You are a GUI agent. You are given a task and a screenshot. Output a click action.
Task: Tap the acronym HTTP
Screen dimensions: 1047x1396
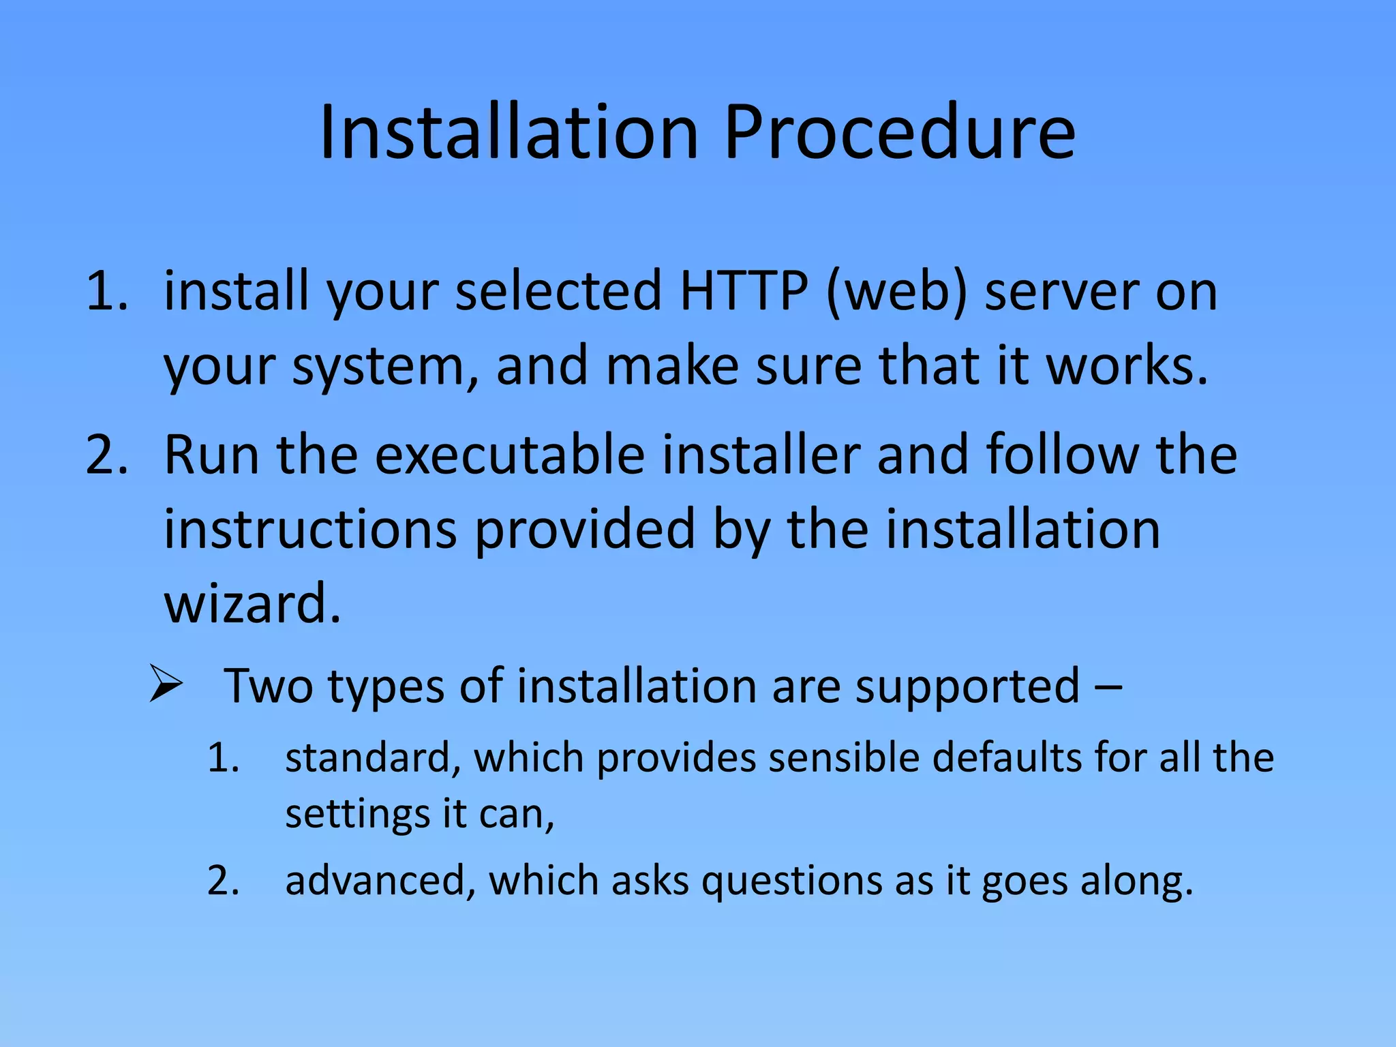click(x=744, y=291)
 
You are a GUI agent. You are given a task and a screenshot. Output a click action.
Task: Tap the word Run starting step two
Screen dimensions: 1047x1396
click(x=211, y=455)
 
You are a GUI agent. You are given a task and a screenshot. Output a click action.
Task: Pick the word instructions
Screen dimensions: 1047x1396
click(x=310, y=530)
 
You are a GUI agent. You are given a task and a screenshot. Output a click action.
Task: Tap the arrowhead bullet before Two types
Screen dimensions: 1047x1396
click(x=166, y=685)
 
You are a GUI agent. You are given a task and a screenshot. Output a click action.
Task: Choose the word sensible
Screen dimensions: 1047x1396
click(x=843, y=758)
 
